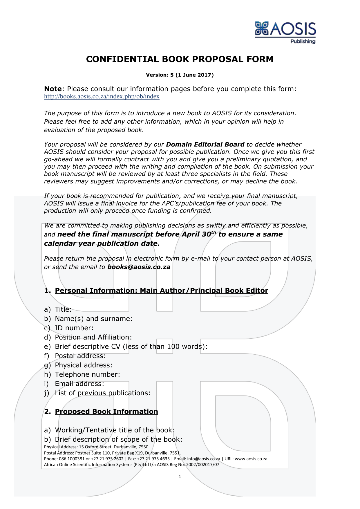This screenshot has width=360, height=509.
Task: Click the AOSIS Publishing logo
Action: click(285, 32)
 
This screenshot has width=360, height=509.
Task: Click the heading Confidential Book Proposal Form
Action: click(180, 59)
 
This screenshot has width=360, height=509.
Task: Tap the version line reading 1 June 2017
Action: click(180, 75)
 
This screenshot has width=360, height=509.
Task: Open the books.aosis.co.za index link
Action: click(102, 97)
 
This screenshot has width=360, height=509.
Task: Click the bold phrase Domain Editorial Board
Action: click(205, 145)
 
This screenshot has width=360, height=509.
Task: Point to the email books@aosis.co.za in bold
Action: click(139, 267)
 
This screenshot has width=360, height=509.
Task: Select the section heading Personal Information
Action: click(161, 290)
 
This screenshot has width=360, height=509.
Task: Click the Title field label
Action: click(63, 309)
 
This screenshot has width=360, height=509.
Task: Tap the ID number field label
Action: click(74, 328)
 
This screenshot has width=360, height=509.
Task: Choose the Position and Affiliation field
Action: click(93, 337)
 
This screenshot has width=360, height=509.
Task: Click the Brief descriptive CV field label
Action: click(131, 346)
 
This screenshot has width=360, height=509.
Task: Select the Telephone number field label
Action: click(87, 374)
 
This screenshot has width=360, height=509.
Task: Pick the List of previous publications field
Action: click(103, 393)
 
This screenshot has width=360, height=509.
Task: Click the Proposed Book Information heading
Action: click(106, 411)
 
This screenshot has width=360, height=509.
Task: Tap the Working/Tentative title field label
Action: click(115, 430)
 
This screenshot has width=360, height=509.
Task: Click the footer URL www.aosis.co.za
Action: click(251, 459)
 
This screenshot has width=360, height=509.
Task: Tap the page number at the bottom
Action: click(180, 476)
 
